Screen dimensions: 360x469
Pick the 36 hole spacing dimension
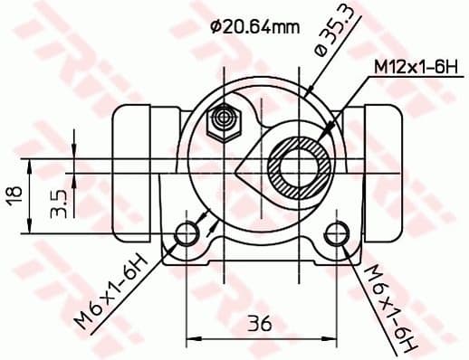pos(261,321)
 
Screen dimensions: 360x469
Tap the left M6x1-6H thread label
pos(116,293)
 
